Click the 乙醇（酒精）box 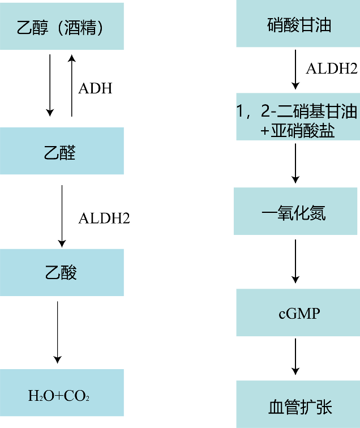click(62, 27)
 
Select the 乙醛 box click(62, 152)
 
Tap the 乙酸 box click(62, 272)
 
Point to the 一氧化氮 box click(295, 211)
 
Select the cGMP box click(297, 313)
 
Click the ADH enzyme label click(95, 88)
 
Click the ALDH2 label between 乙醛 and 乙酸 click(104, 218)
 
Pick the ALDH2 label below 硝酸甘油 click(331, 69)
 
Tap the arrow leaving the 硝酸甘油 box click(295, 69)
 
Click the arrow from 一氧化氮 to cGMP click(295, 261)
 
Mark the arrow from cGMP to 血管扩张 click(295, 356)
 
